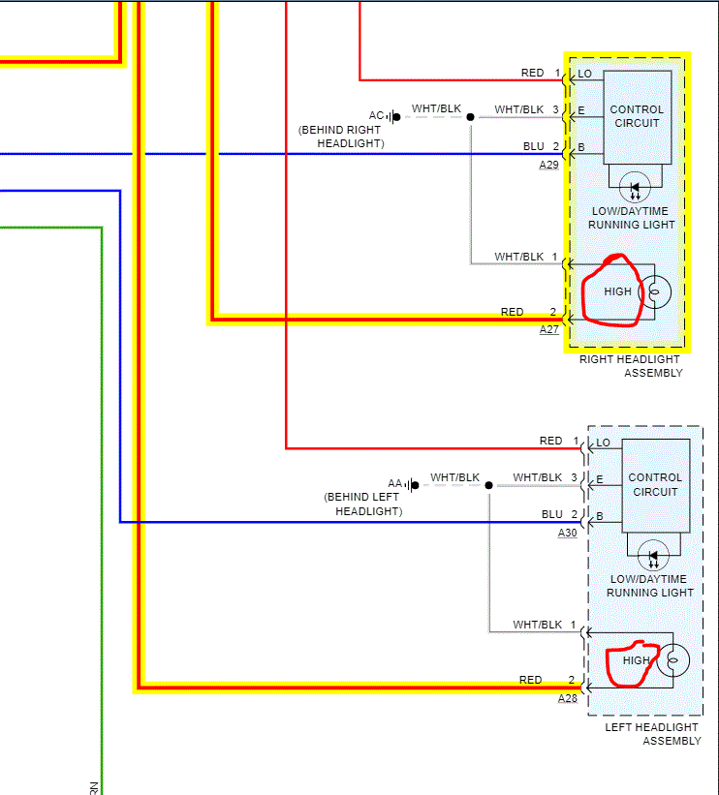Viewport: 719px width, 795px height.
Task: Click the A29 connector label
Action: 549,166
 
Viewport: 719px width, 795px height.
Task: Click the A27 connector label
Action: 549,329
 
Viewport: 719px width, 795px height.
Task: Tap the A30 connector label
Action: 568,533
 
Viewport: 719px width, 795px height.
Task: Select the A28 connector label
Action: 568,697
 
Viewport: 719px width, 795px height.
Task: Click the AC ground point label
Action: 377,115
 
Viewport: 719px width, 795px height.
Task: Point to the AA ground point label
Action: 395,483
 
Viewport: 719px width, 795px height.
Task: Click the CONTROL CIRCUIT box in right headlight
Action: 637,116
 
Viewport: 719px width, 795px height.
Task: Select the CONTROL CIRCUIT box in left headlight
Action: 655,484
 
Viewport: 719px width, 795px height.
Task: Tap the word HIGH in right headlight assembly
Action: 617,290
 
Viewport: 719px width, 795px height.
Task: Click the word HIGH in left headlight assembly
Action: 637,660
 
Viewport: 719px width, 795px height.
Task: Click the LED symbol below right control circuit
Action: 636,187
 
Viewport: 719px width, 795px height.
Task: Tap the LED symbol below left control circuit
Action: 654,556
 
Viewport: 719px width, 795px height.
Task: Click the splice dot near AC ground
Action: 471,117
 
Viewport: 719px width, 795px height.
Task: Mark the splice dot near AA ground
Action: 489,485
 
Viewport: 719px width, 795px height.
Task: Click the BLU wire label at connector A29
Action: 534,146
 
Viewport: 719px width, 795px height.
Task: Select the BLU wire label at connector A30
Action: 552,514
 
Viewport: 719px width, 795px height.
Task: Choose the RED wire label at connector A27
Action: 513,312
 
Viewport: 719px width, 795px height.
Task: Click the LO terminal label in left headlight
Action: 603,443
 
